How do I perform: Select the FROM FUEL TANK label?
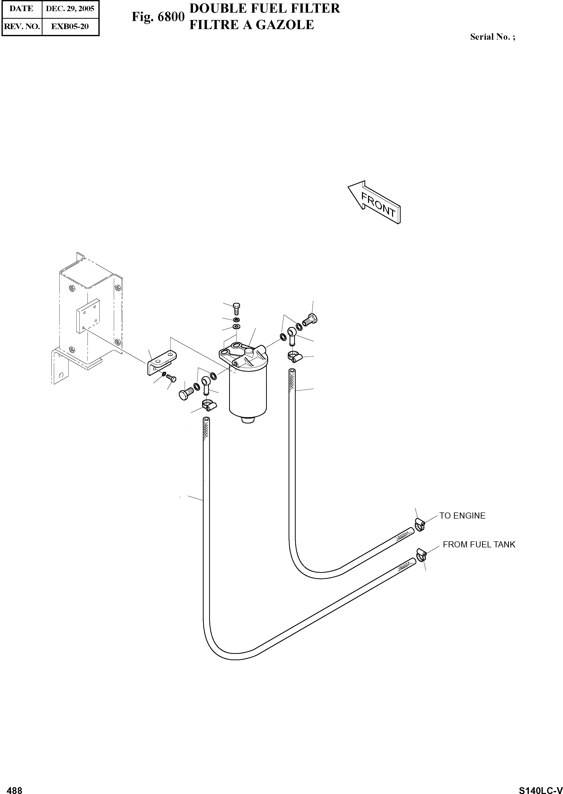click(x=479, y=544)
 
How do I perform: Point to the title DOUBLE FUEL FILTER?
click(x=265, y=8)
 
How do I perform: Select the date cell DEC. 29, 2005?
click(x=70, y=9)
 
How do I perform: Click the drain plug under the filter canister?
click(x=248, y=420)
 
